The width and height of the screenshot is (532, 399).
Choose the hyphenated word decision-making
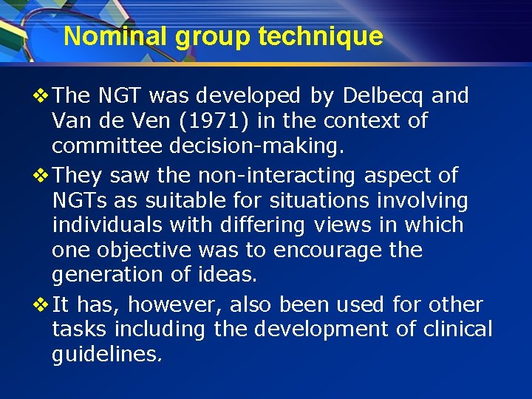tap(256, 146)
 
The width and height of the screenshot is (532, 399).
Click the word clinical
tap(457, 329)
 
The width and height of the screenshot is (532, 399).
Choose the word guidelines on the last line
tap(106, 354)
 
